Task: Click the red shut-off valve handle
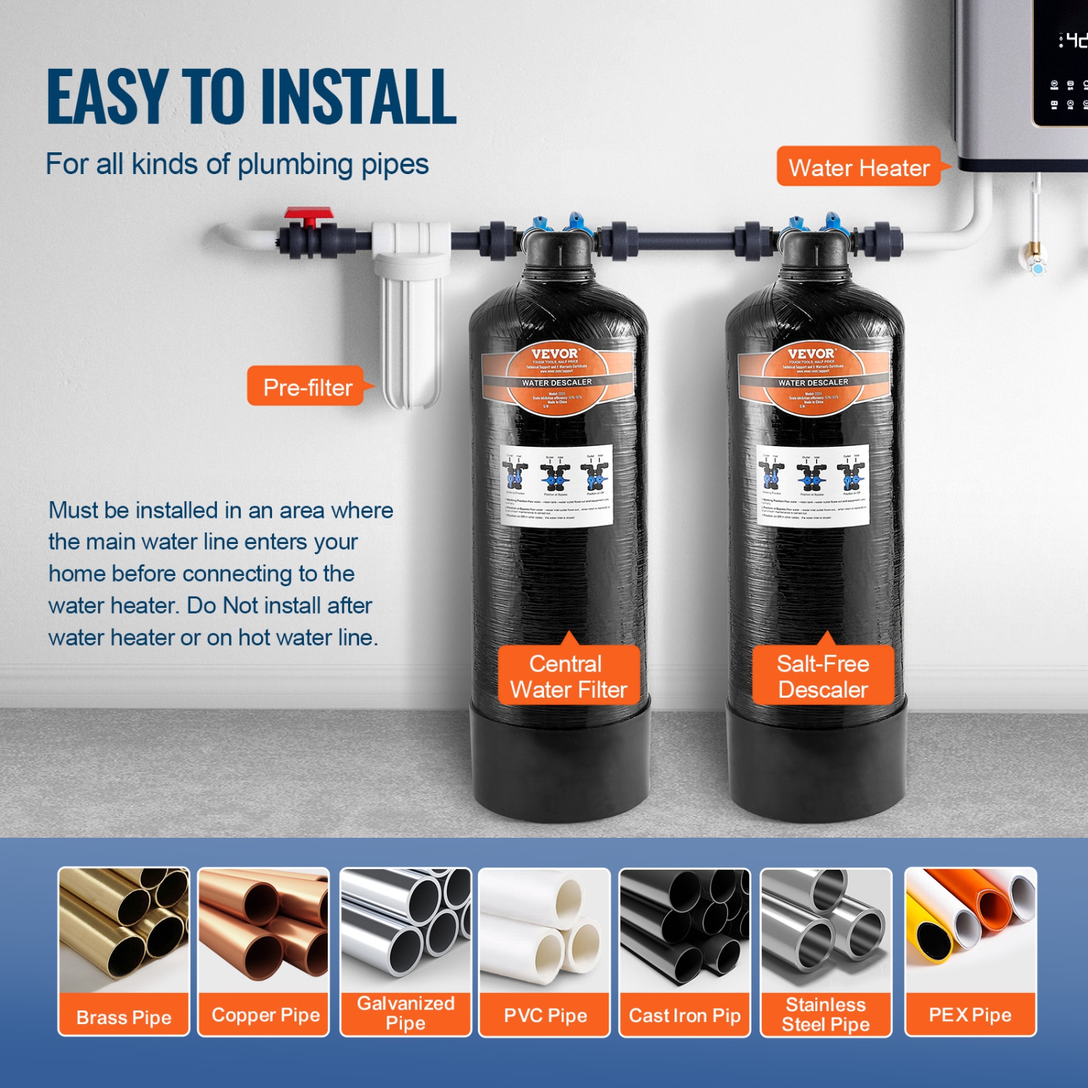(x=308, y=215)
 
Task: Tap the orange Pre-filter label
(x=307, y=387)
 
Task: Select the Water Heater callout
(x=859, y=168)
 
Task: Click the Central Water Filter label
(x=568, y=677)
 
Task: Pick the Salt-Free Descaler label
(x=823, y=677)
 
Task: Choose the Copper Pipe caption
(x=265, y=1015)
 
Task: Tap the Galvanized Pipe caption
(x=405, y=1013)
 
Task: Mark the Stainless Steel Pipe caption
(x=825, y=1014)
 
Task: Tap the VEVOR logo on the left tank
(x=555, y=354)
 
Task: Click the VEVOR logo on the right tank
(x=811, y=354)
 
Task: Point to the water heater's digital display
(x=1066, y=65)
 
